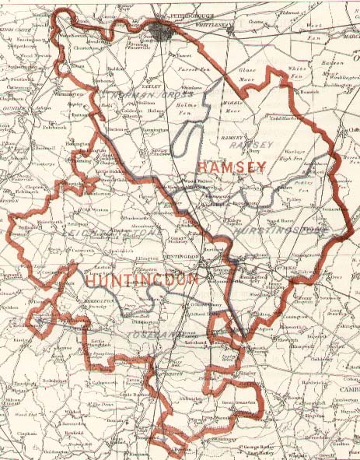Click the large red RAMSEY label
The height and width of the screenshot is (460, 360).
point(232,167)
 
